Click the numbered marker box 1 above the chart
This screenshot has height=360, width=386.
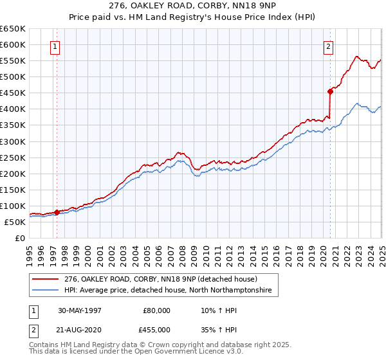coord(55,46)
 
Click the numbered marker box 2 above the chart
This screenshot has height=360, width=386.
coord(328,46)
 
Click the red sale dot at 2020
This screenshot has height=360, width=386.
coord(330,91)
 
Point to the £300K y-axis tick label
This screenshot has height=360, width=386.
coord(12,141)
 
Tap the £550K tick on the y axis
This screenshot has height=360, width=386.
coord(12,60)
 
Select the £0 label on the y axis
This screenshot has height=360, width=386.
coord(20,238)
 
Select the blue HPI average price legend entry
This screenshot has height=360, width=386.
coord(167,291)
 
